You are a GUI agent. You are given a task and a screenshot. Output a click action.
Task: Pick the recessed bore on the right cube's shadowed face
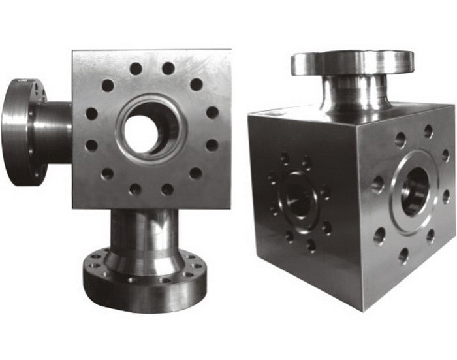click(298, 196)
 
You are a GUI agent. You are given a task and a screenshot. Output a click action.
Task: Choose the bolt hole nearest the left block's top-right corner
click(196, 84)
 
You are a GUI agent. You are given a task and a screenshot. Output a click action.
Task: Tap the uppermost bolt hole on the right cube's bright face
click(428, 131)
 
